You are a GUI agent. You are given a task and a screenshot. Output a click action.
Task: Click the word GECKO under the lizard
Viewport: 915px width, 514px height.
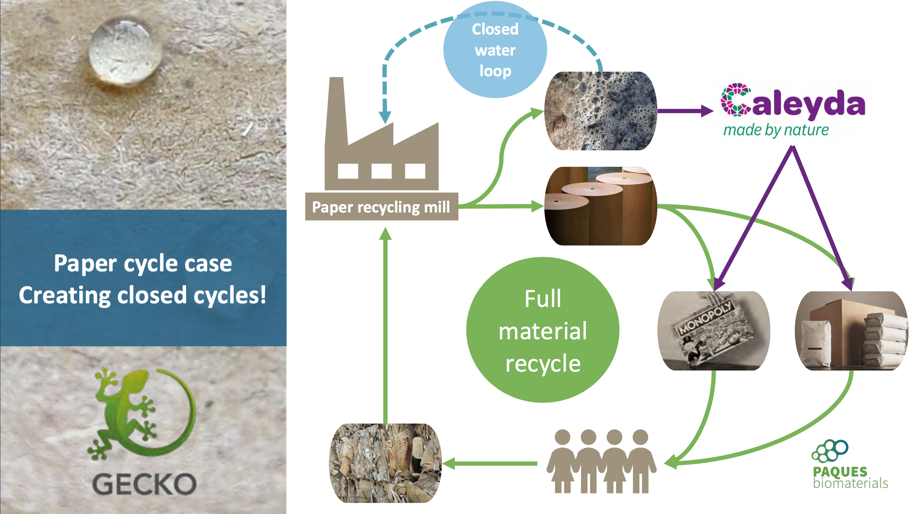pyautogui.click(x=144, y=484)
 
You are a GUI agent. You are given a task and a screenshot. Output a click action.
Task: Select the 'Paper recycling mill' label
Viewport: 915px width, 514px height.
pyautogui.click(x=381, y=207)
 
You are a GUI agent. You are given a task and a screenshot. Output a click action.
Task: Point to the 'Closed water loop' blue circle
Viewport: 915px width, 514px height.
pyautogui.click(x=495, y=50)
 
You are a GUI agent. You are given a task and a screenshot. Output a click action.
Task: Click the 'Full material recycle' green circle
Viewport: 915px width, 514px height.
pyautogui.click(x=543, y=330)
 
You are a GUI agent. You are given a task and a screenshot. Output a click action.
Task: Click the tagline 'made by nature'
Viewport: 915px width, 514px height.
pyautogui.click(x=776, y=130)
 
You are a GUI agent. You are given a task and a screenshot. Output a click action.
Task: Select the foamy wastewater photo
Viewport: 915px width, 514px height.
pyautogui.click(x=601, y=111)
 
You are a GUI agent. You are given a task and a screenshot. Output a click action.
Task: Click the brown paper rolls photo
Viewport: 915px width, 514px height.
pyautogui.click(x=601, y=206)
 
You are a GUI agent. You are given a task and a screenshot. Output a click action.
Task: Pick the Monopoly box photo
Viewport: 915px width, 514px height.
pyautogui.click(x=714, y=331)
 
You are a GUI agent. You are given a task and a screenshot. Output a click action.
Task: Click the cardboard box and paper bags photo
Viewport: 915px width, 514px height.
pyautogui.click(x=851, y=331)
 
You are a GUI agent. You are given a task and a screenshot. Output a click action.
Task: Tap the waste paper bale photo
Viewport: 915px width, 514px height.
pyautogui.click(x=385, y=463)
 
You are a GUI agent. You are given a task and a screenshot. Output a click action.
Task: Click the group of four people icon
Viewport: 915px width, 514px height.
pyautogui.click(x=601, y=461)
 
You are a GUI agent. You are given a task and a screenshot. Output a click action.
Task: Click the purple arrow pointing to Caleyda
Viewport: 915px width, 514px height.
pyautogui.click(x=686, y=111)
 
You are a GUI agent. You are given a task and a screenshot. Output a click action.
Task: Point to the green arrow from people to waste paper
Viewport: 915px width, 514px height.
pyautogui.click(x=490, y=464)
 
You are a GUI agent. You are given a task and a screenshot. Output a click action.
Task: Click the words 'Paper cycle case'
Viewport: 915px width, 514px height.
pyautogui.click(x=143, y=263)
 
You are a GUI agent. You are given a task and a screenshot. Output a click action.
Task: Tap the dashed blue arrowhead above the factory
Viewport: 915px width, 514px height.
pyautogui.click(x=385, y=117)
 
